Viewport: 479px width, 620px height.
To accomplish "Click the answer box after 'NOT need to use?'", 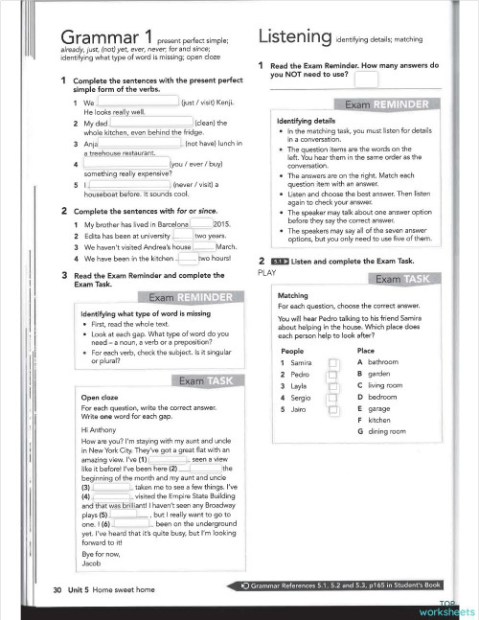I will (x=366, y=76).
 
